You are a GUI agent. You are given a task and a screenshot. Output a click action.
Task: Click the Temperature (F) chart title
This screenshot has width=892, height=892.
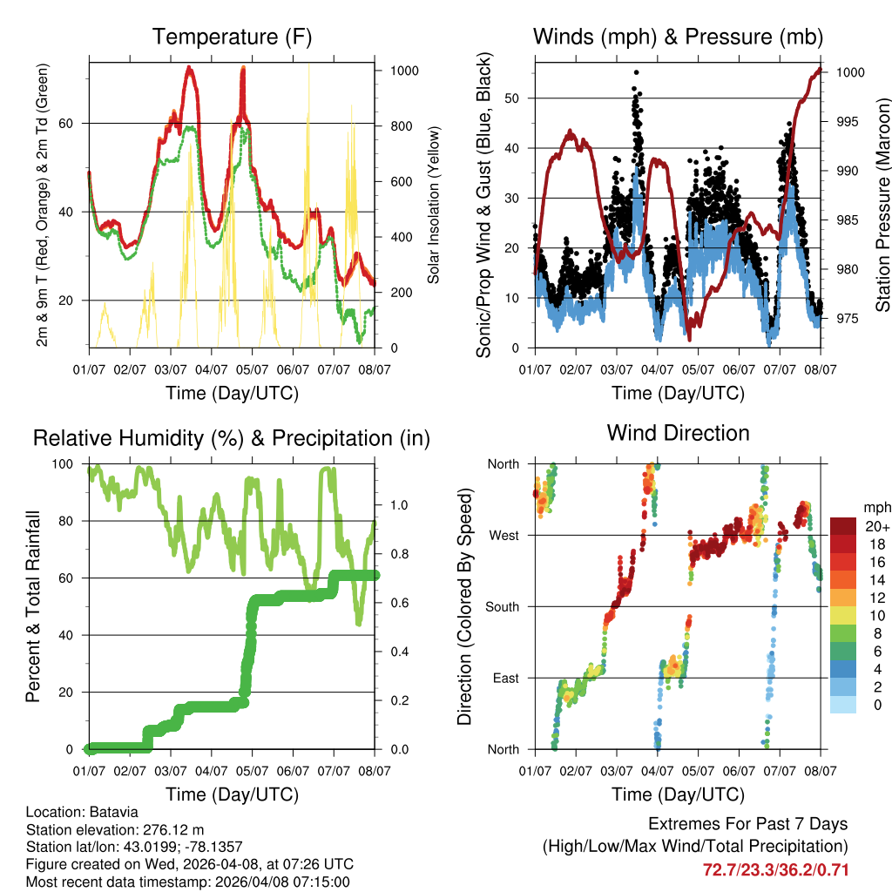pyautogui.click(x=232, y=37)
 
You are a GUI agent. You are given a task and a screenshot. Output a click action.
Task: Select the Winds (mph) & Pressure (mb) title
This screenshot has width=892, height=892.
pyautogui.click(x=678, y=37)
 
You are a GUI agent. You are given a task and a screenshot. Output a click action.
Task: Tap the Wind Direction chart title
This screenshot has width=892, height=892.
pyautogui.click(x=678, y=433)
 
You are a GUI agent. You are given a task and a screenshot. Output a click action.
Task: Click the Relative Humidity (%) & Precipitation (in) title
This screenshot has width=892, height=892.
pyautogui.click(x=232, y=438)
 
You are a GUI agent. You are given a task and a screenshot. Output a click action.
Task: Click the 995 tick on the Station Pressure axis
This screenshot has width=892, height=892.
pyautogui.click(x=849, y=121)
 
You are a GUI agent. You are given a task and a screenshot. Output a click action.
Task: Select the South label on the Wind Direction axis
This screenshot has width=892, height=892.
pyautogui.click(x=502, y=606)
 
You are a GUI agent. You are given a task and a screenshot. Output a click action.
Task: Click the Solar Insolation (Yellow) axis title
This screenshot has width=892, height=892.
pyautogui.click(x=434, y=205)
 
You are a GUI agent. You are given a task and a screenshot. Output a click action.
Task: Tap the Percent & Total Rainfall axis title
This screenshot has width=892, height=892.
pyautogui.click(x=32, y=606)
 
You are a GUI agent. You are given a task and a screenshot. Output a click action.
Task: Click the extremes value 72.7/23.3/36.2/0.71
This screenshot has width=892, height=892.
pyautogui.click(x=775, y=869)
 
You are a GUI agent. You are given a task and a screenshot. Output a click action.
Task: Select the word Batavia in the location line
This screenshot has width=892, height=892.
pyautogui.click(x=111, y=813)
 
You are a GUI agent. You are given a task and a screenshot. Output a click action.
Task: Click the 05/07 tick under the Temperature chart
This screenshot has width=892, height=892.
pyautogui.click(x=253, y=368)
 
